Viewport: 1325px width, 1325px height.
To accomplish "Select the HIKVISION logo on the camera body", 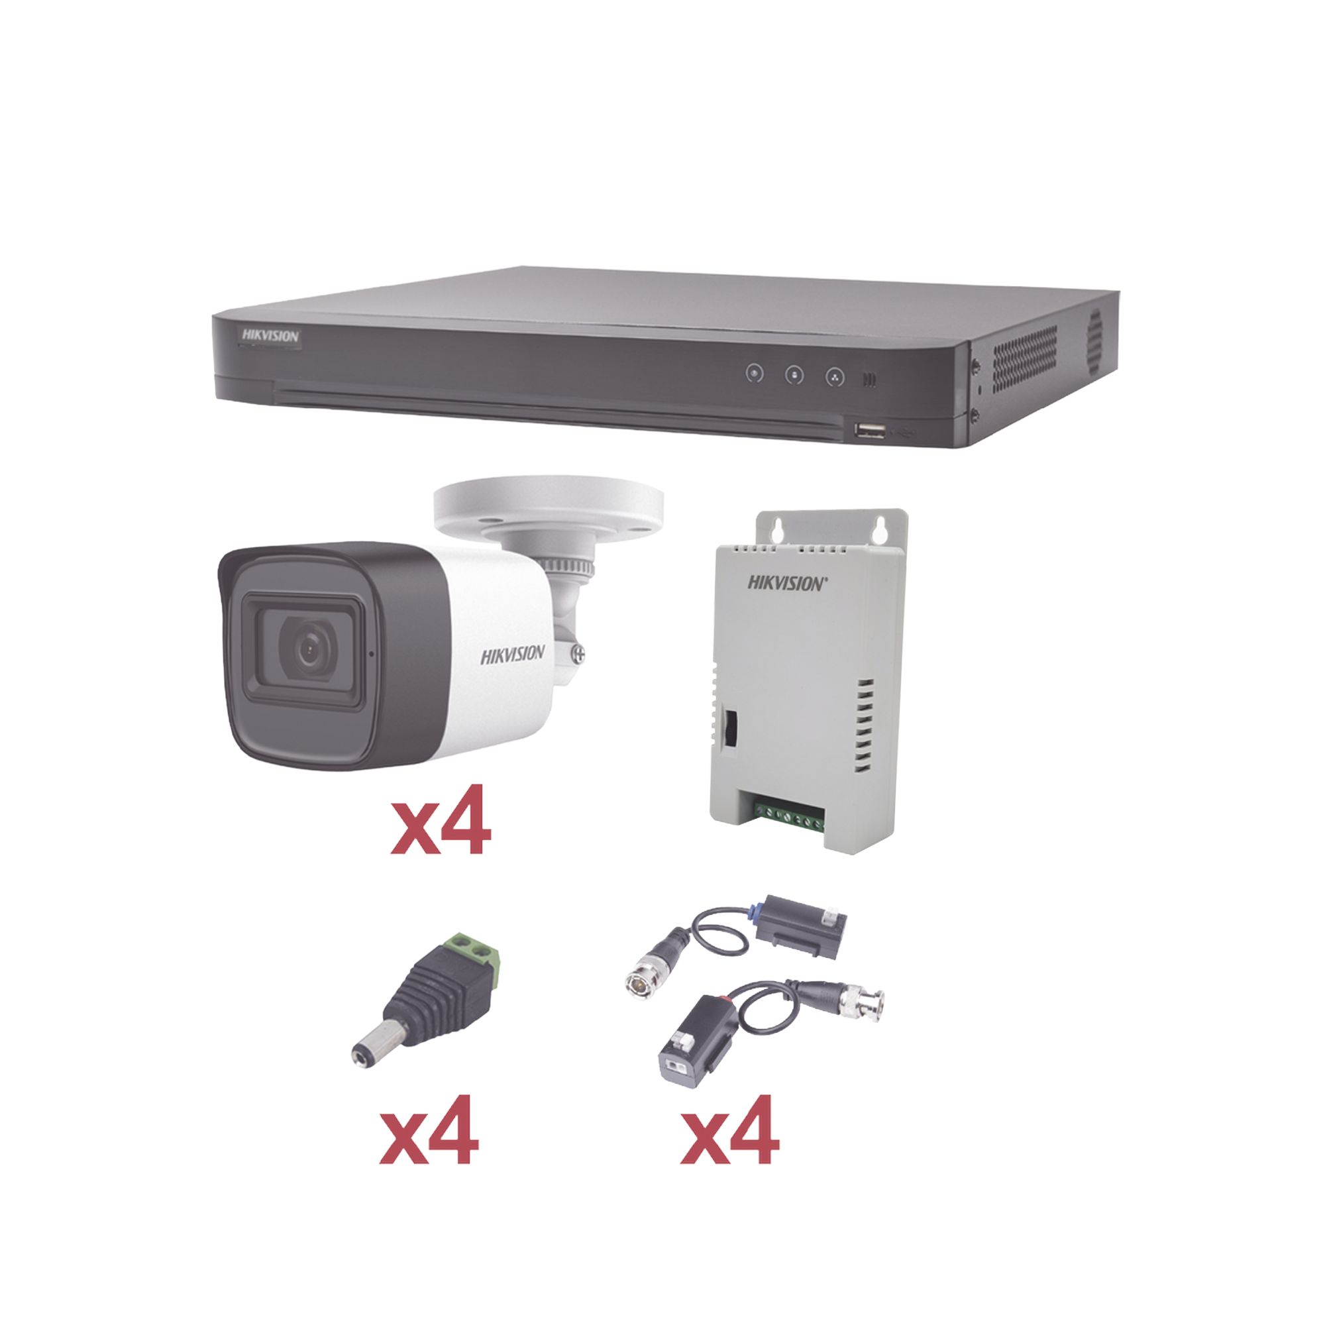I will pyautogui.click(x=512, y=655).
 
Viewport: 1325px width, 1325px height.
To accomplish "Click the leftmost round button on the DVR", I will pyautogui.click(x=755, y=374).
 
